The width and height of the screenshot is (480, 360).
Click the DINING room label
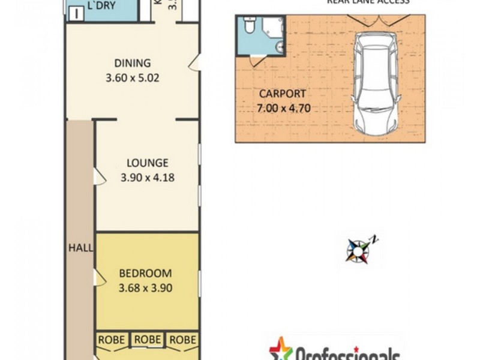coord(132,64)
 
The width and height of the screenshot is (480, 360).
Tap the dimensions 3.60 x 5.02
coord(132,77)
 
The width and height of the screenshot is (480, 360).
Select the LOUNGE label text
coord(147,163)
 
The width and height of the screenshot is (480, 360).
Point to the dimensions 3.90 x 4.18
coord(147,177)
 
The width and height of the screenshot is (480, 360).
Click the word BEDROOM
coord(146,272)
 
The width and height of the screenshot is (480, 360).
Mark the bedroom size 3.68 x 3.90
coord(146,287)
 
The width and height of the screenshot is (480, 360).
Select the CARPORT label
coord(283,94)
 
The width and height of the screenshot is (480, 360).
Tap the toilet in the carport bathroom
coord(251,25)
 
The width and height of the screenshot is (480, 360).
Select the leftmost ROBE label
coord(112,340)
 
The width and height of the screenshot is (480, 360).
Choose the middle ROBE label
coord(147,340)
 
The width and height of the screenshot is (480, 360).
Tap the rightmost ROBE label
coord(182,340)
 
